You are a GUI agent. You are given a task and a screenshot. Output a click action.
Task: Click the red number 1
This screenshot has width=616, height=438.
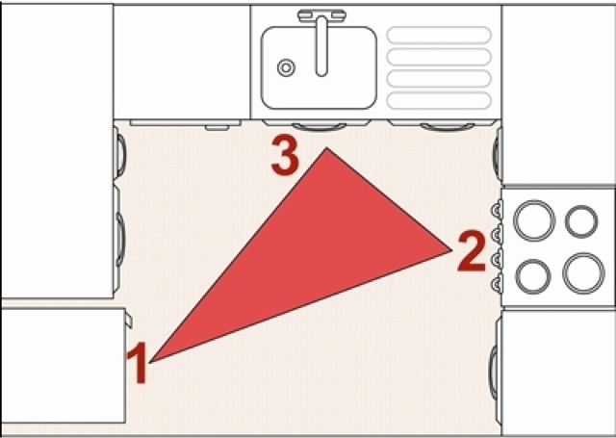pyautogui.click(x=137, y=362)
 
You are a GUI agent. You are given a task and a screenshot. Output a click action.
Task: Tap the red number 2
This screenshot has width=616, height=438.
pyautogui.click(x=472, y=251)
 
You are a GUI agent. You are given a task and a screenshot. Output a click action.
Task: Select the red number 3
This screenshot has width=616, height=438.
pyautogui.click(x=286, y=156)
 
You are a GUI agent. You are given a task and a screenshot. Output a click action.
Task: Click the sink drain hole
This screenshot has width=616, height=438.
pyautogui.click(x=287, y=68)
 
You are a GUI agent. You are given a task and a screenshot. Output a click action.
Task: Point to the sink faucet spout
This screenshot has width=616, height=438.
pyautogui.click(x=321, y=46)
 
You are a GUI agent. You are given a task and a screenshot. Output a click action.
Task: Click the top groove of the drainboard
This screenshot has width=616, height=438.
pyautogui.click(x=439, y=35)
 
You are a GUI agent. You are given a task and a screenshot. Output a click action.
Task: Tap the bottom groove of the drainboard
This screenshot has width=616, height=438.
pyautogui.click(x=439, y=100)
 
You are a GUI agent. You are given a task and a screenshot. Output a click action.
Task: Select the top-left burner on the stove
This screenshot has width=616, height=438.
pyautogui.click(x=534, y=220)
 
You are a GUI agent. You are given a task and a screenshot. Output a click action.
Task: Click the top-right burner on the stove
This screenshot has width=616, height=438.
pyautogui.click(x=581, y=221)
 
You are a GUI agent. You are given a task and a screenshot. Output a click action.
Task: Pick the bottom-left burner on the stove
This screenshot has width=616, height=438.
pyautogui.click(x=533, y=276)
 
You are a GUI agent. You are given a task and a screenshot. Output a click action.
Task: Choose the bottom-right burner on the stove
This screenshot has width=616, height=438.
pyautogui.click(x=583, y=273)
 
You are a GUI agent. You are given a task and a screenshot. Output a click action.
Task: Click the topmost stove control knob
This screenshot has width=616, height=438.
pyautogui.click(x=497, y=210)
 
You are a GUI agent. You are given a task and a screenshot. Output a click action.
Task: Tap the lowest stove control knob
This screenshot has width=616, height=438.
pyautogui.click(x=497, y=283)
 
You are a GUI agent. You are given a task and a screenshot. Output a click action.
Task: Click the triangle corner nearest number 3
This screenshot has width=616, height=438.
pyautogui.click(x=326, y=148)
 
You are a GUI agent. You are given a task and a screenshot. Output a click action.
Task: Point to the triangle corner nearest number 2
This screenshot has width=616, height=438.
pyautogui.click(x=451, y=250)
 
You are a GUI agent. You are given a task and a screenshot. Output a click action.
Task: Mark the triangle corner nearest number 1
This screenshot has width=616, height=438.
pyautogui.click(x=150, y=362)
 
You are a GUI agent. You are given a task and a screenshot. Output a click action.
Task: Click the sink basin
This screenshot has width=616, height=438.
pyautogui.click(x=319, y=68)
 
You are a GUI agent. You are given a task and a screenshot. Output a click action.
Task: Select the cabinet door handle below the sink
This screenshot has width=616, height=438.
pyautogui.click(x=319, y=126)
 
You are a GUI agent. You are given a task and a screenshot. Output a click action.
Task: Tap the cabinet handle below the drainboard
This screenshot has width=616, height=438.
pyautogui.click(x=448, y=126)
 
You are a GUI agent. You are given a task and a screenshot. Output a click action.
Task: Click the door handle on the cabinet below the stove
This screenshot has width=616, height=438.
pyautogui.click(x=493, y=372)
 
